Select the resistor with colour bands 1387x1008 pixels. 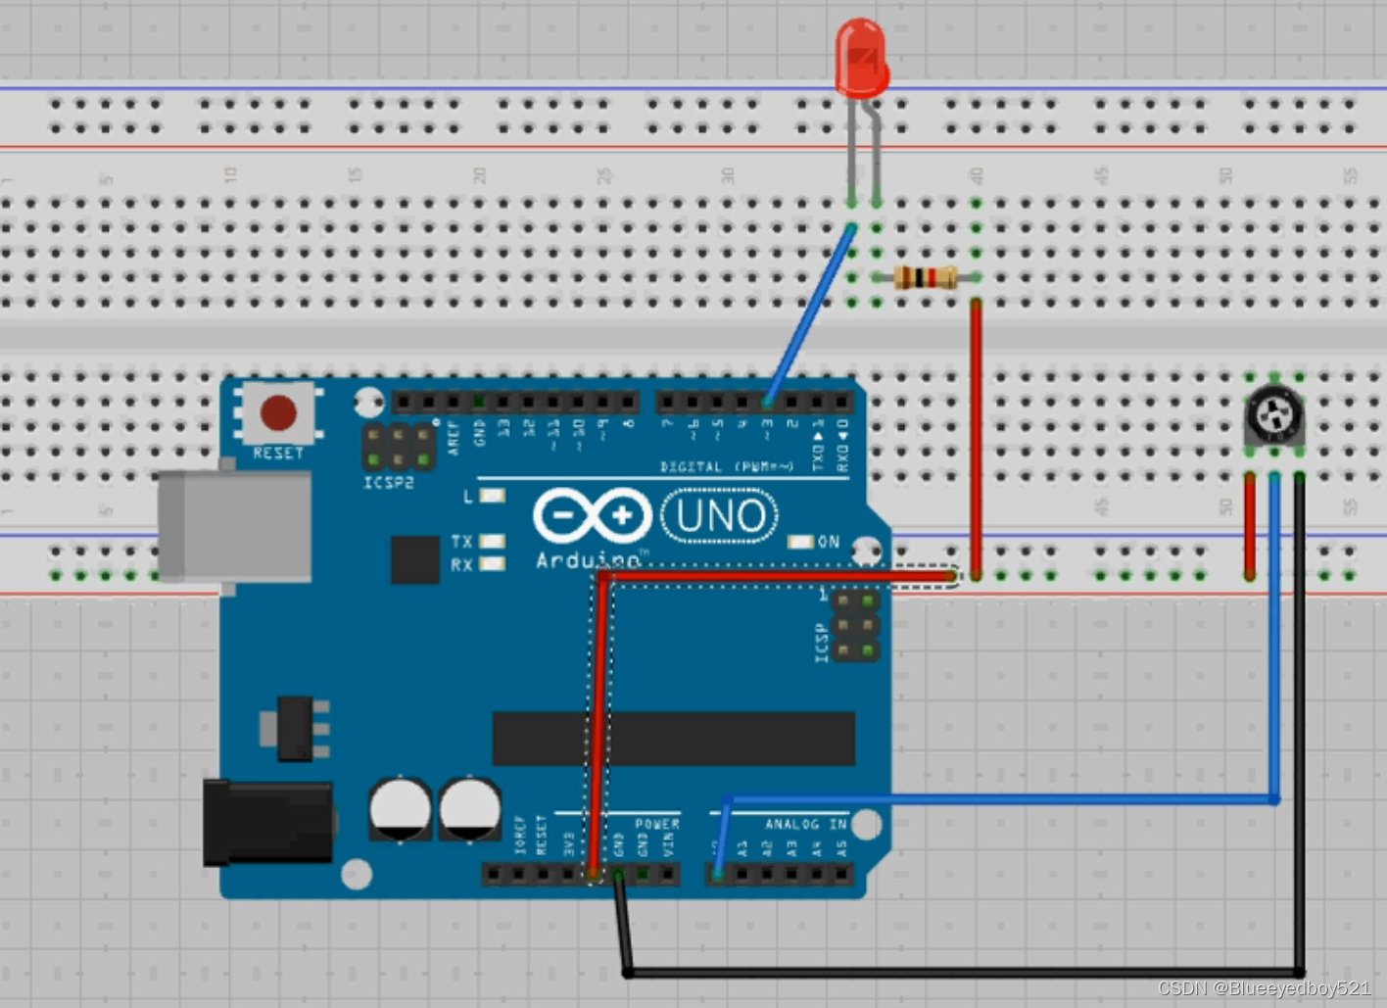pyautogui.click(x=925, y=278)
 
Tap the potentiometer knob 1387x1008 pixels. pyautogui.click(x=1274, y=413)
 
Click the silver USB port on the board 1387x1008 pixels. pyautogui.click(x=235, y=525)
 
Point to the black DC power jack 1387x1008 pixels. pyautogui.click(x=266, y=823)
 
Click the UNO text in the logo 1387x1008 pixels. pyautogui.click(x=720, y=516)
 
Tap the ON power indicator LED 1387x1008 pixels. pyautogui.click(x=800, y=542)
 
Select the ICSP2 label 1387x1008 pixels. pyautogui.click(x=389, y=483)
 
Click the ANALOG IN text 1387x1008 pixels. pyautogui.click(x=805, y=825)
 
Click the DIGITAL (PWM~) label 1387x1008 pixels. pyautogui.click(x=726, y=467)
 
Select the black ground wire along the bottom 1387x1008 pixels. pyautogui.click(x=960, y=972)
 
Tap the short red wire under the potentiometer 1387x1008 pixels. pyautogui.click(x=1250, y=526)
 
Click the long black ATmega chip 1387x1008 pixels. pyautogui.click(x=673, y=739)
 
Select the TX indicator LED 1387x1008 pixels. pyautogui.click(x=492, y=541)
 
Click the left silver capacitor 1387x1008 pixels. pyautogui.click(x=400, y=809)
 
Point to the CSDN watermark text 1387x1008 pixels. pyautogui.click(x=1264, y=988)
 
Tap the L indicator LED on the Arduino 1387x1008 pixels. pyautogui.click(x=492, y=496)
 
